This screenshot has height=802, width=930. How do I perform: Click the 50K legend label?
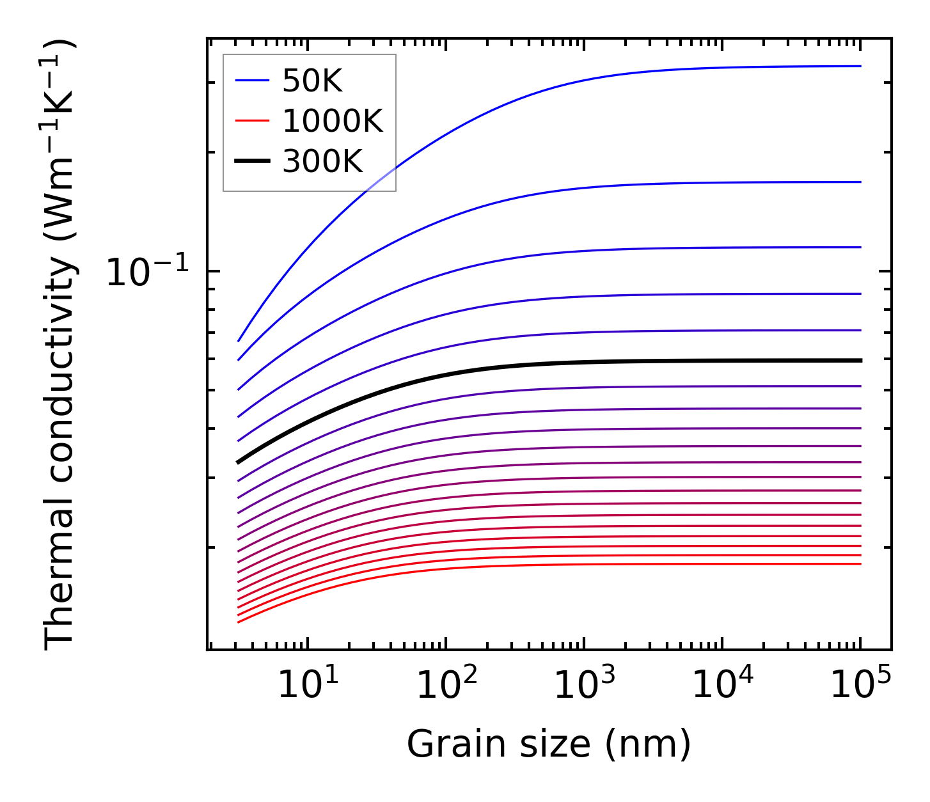pyautogui.click(x=313, y=81)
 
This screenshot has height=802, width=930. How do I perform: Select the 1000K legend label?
pyautogui.click(x=333, y=122)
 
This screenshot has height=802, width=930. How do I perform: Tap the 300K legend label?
pyautogui.click(x=322, y=162)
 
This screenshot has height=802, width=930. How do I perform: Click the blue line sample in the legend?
pyautogui.click(x=252, y=81)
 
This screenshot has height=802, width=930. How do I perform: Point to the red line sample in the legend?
pyautogui.click(x=252, y=121)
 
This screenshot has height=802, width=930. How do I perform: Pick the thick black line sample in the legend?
pyautogui.click(x=252, y=161)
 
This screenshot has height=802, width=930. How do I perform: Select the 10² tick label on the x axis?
pyautogui.click(x=446, y=686)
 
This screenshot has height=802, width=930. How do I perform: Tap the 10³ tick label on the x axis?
pyautogui.click(x=584, y=686)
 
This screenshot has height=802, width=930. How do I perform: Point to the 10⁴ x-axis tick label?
pyautogui.click(x=723, y=686)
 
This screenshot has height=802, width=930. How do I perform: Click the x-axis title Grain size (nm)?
pyautogui.click(x=549, y=744)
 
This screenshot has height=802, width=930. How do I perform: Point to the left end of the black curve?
pyautogui.click(x=238, y=462)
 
